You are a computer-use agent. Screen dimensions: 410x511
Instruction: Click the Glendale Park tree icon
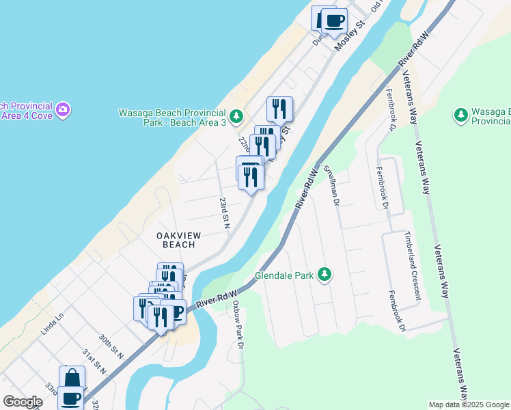click(x=325, y=275)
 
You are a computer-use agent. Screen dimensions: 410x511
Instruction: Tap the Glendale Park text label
click(x=284, y=276)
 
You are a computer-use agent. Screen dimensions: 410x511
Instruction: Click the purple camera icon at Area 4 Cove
click(x=63, y=109)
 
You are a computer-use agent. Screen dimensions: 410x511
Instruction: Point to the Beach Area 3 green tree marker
click(x=236, y=117)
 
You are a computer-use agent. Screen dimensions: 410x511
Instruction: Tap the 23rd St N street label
click(x=224, y=213)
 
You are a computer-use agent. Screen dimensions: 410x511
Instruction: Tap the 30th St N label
click(x=111, y=346)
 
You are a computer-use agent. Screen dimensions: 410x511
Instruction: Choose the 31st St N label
click(x=94, y=362)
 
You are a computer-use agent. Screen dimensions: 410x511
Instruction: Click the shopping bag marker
click(x=72, y=379)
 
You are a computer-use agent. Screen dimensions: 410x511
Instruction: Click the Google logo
click(x=23, y=402)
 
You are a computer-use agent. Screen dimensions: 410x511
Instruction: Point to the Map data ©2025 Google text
click(x=469, y=405)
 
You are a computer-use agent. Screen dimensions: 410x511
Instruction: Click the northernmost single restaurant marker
click(x=279, y=109)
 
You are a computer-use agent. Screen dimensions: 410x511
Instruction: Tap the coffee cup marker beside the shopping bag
click(x=70, y=398)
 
